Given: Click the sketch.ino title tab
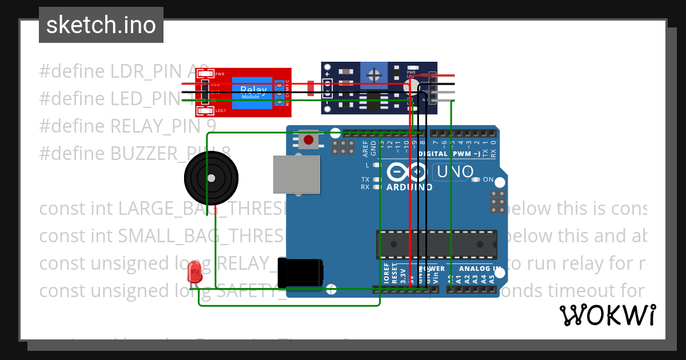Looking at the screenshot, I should tap(101, 25).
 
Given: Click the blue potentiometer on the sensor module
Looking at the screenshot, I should tap(374, 75).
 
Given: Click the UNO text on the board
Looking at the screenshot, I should tap(455, 171).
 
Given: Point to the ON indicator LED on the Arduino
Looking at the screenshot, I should tap(476, 179).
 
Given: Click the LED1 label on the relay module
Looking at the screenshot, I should tap(220, 110).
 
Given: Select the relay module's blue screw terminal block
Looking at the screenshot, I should tap(279, 91).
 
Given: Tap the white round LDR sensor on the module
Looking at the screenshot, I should tap(410, 86).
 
